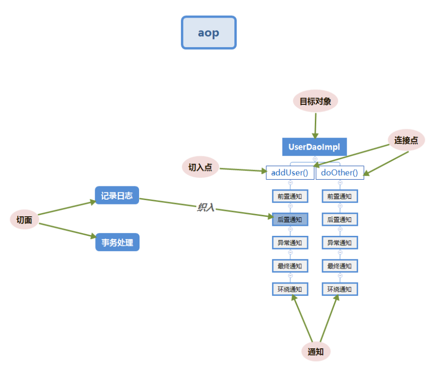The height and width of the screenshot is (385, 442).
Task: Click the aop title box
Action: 209,33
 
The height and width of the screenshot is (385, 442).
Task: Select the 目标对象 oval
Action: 315,101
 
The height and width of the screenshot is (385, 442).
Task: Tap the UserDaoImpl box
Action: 314,147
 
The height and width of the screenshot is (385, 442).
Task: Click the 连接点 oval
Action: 406,140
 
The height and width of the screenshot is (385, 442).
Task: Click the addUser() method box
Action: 290,172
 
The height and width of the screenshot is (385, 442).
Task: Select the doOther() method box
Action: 340,172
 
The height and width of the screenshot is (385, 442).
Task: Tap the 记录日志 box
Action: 117,195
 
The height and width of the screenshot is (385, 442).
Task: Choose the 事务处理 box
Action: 117,243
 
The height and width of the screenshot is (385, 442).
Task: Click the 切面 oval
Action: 24,220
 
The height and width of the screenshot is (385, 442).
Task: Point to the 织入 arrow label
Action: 206,207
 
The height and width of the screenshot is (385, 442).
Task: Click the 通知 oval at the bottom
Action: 316,352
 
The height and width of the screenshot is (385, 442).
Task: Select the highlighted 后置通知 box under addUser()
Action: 290,219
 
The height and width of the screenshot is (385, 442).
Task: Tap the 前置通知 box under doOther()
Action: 340,196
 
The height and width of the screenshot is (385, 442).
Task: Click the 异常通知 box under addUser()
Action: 290,243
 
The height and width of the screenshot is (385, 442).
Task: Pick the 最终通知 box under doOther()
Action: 340,266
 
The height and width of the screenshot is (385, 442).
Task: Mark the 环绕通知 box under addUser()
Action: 290,289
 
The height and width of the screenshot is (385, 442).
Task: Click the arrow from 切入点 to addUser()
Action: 243,170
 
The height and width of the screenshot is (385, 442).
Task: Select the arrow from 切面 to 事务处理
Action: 67,230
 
